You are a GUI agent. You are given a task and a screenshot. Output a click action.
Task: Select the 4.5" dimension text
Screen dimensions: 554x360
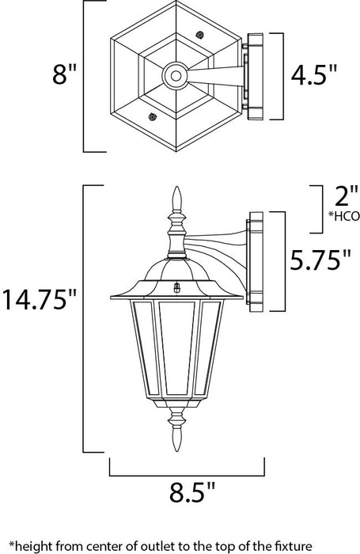[x=315, y=76]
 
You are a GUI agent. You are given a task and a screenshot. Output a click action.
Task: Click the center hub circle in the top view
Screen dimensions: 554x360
[x=175, y=76]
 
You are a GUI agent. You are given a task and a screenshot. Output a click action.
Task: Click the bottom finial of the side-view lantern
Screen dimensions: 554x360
[x=177, y=438]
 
